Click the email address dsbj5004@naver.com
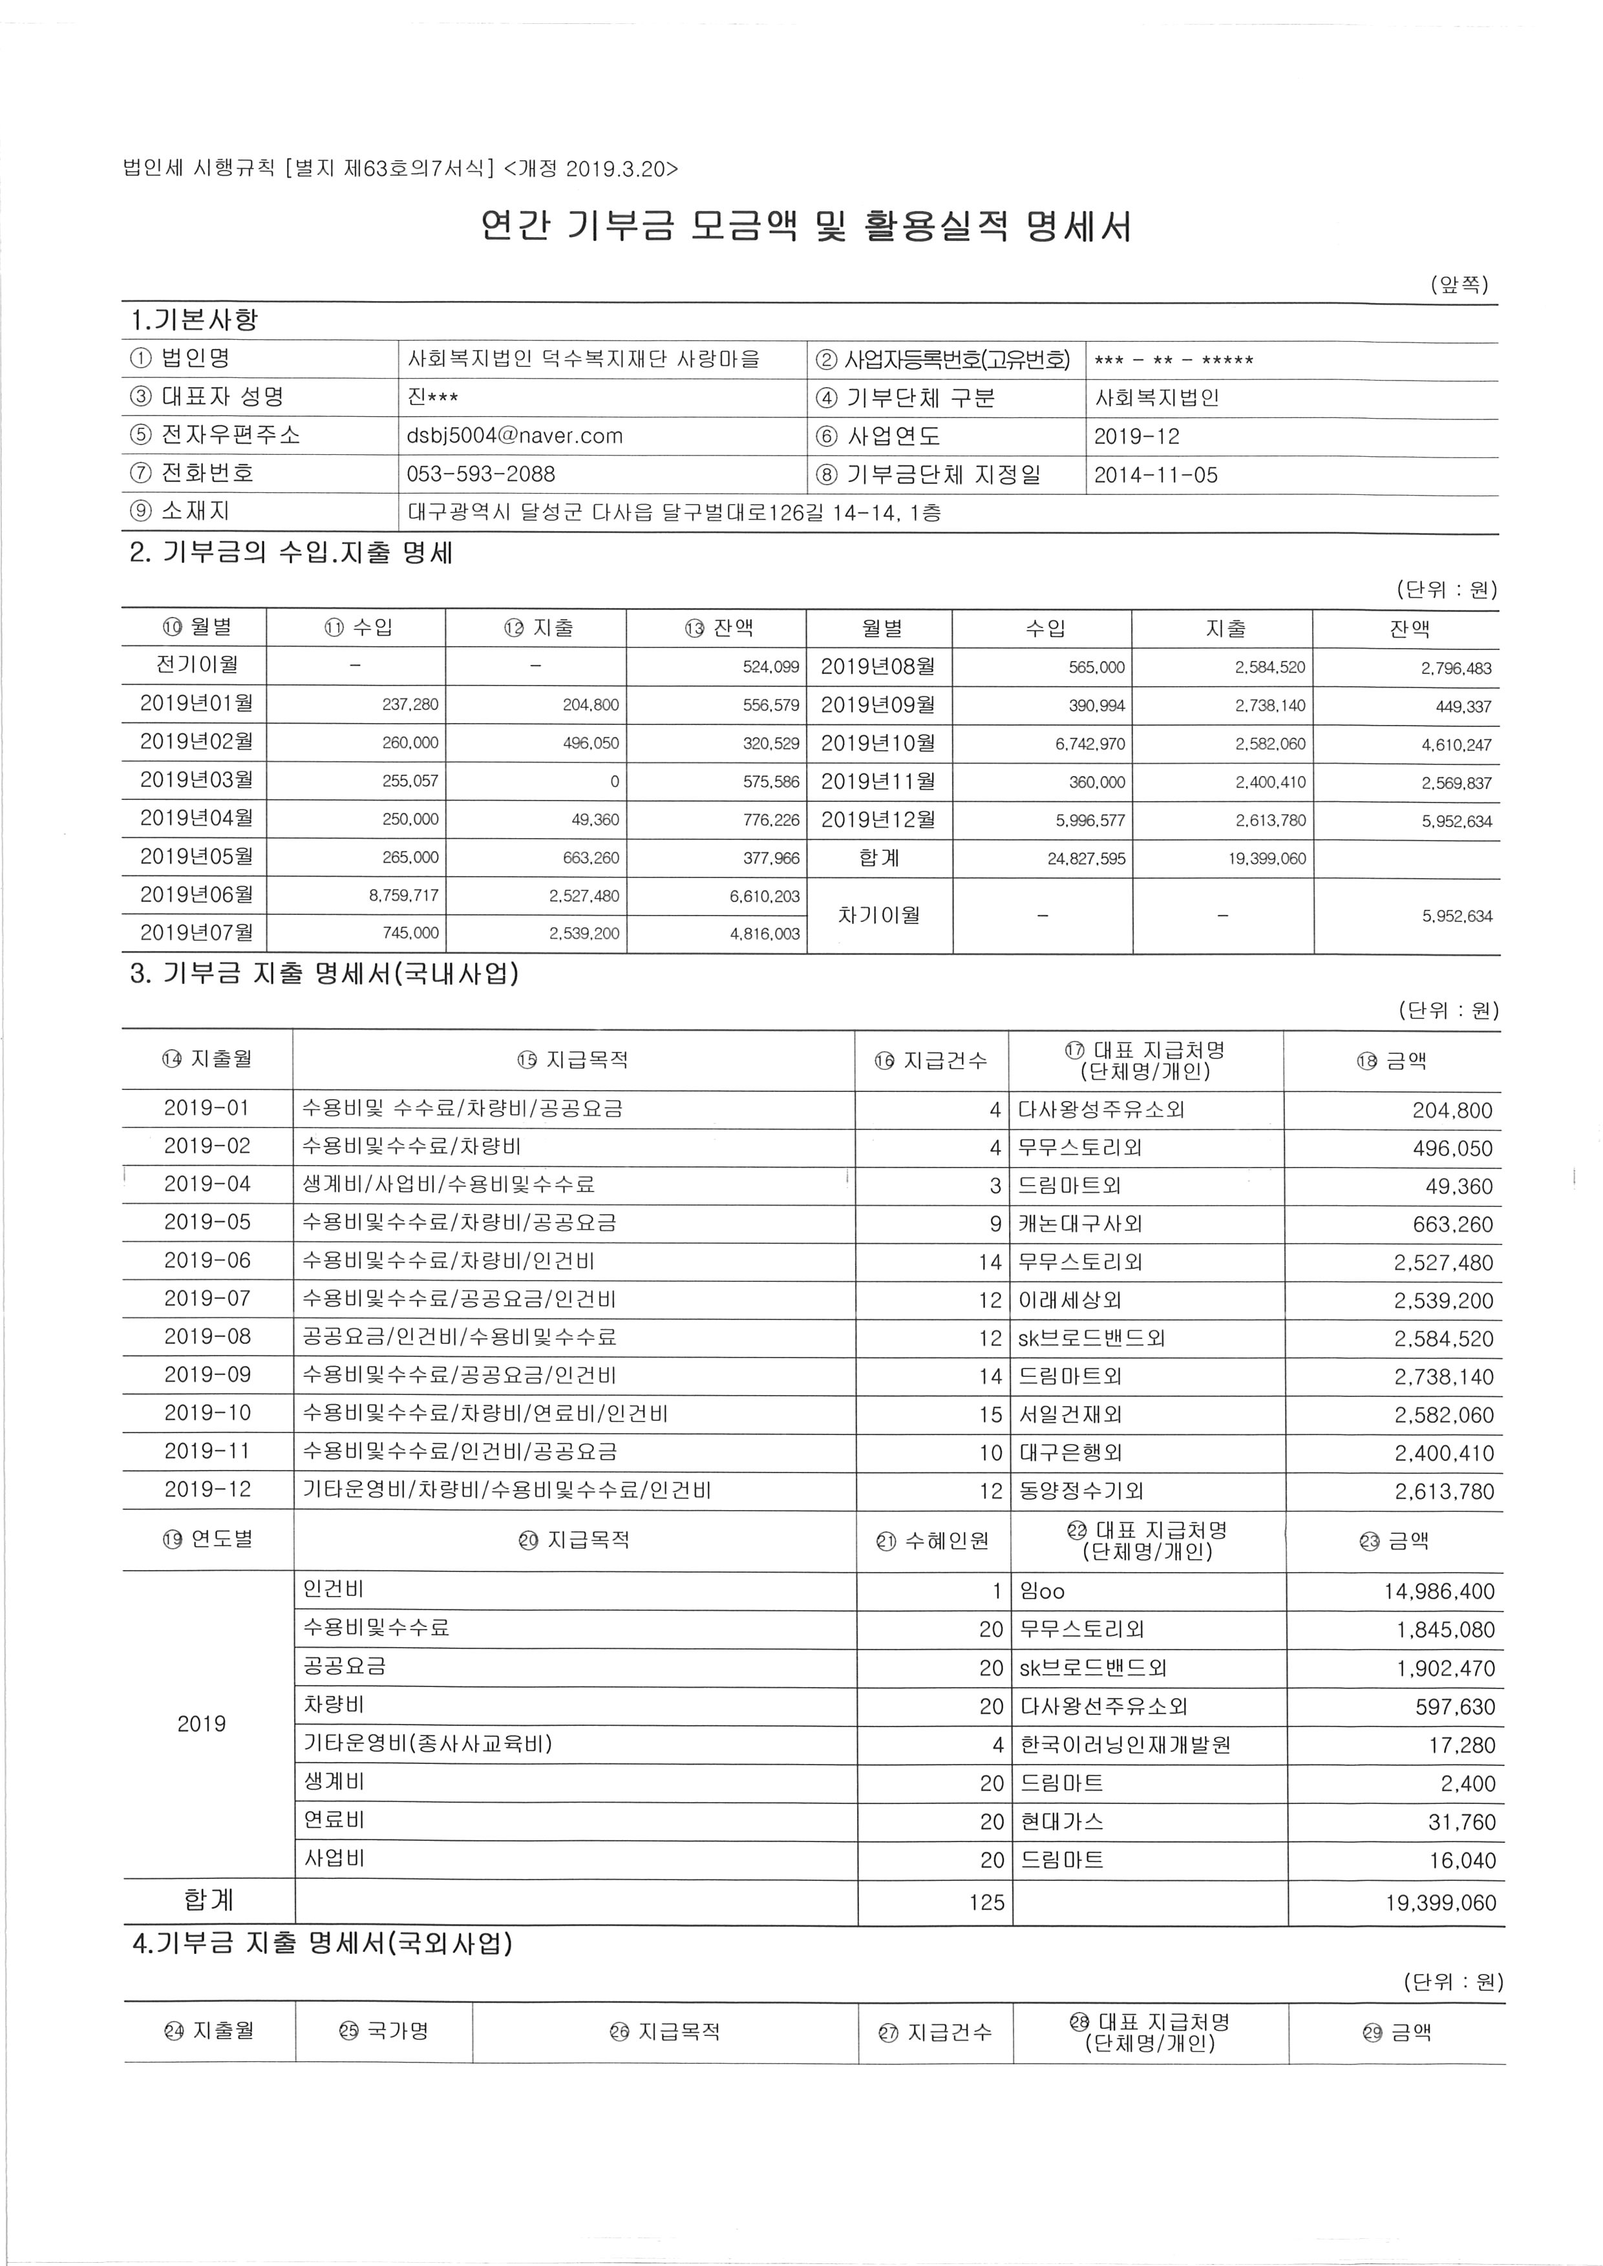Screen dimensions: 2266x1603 pos(515,436)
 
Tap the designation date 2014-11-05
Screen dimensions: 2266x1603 pos(1156,475)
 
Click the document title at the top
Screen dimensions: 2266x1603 pos(805,227)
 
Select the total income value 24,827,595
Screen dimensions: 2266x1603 pos(1086,859)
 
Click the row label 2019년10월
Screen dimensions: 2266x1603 pos(878,743)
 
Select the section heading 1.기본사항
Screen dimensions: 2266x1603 pos(195,320)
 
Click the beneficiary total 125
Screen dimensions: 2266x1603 pos(986,1902)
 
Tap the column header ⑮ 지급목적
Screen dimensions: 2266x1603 pos(573,1060)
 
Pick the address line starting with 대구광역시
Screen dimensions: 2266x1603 pos(674,512)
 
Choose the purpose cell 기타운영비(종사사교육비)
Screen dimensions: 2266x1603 pos(427,1744)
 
